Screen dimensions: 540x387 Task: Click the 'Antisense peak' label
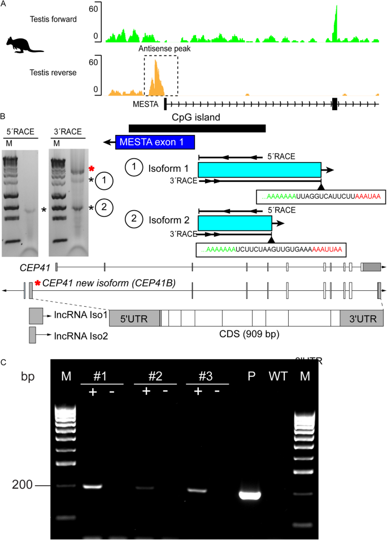pyautogui.click(x=161, y=49)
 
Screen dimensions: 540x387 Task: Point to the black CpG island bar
pyautogui.click(x=197, y=128)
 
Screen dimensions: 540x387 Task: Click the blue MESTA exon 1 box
pyautogui.click(x=155, y=142)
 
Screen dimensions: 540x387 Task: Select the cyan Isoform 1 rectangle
pyautogui.click(x=259, y=170)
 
